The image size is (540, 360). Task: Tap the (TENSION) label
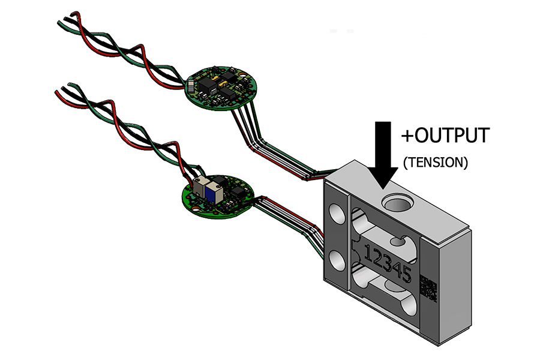434,162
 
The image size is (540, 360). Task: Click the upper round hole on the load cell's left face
334,213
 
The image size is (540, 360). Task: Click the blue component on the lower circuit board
213,192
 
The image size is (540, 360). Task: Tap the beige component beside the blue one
201,188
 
